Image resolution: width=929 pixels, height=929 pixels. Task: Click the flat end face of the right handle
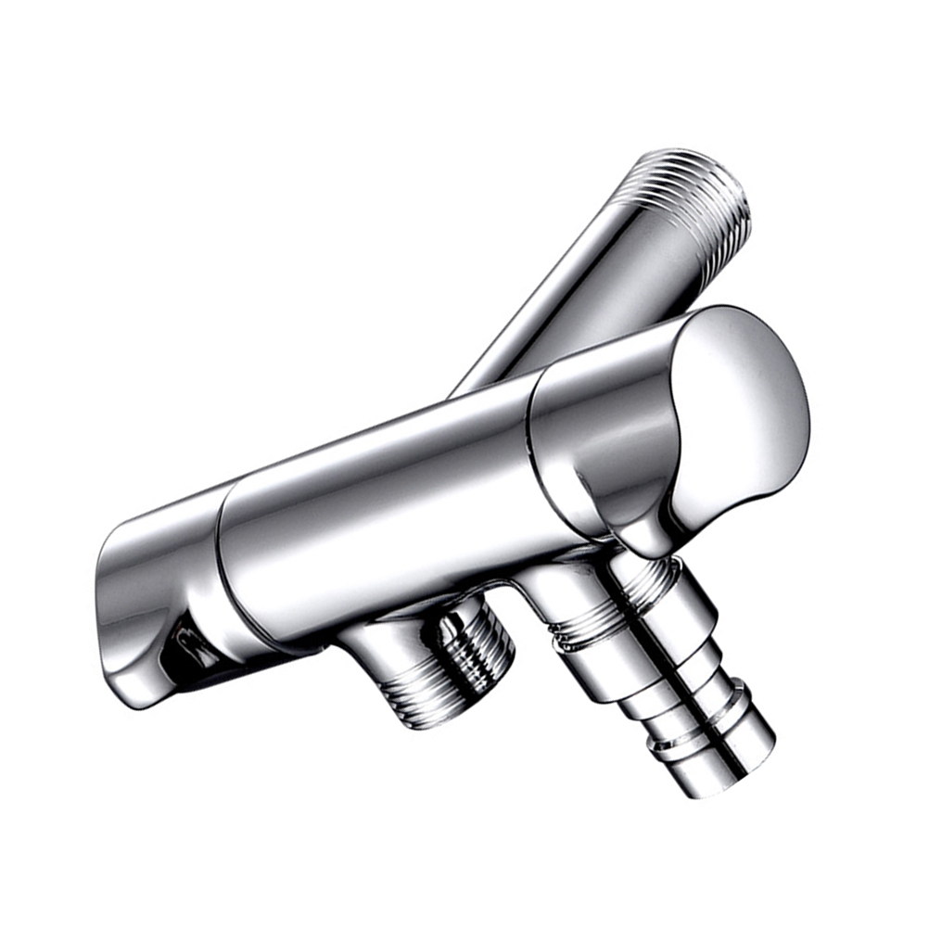tap(742, 408)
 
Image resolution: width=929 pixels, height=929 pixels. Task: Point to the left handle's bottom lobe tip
tap(139, 695)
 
